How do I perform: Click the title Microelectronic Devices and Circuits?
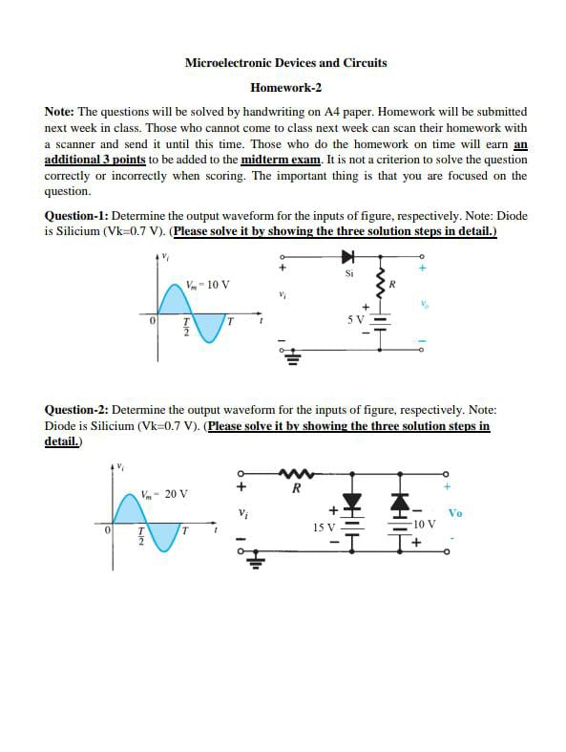[285, 63]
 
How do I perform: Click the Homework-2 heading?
[285, 88]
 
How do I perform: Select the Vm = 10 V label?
[207, 284]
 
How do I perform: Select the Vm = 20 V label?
[163, 494]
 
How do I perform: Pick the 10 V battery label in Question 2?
[425, 525]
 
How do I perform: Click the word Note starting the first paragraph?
[59, 112]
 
